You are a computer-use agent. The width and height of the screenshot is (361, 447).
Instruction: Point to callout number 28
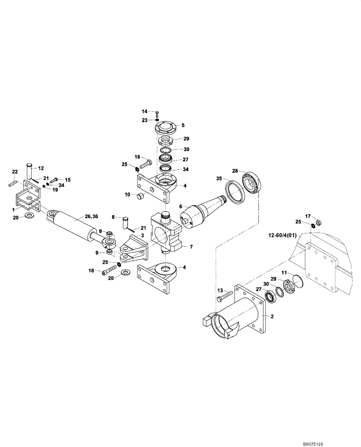click(235, 171)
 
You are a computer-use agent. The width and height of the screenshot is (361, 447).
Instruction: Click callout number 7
click(191, 246)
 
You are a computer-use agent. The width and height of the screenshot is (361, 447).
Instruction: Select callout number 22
click(15, 172)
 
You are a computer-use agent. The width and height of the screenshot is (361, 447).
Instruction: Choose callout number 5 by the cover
click(182, 126)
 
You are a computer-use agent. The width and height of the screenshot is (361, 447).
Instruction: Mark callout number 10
click(127, 194)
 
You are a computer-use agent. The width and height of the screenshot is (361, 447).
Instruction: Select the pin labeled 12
click(30, 171)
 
